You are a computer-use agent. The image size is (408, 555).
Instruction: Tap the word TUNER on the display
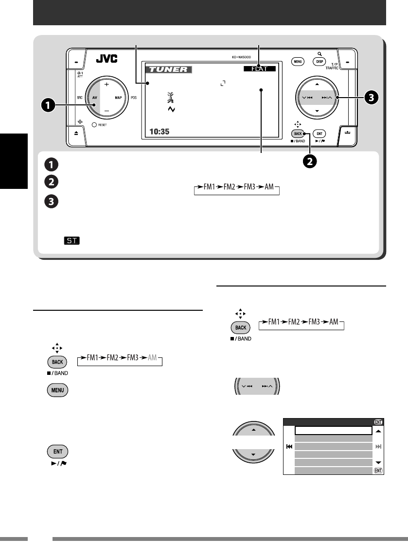[x=168, y=69]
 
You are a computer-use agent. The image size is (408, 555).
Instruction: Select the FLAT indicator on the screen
[x=260, y=69]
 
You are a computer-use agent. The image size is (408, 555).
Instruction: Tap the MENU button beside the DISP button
[x=298, y=62]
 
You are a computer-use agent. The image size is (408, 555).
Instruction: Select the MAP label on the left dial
[x=118, y=98]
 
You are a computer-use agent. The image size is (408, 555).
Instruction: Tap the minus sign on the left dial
[x=106, y=111]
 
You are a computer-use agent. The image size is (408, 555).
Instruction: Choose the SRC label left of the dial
[x=80, y=98]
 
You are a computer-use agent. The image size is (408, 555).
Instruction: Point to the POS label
[x=134, y=98]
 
